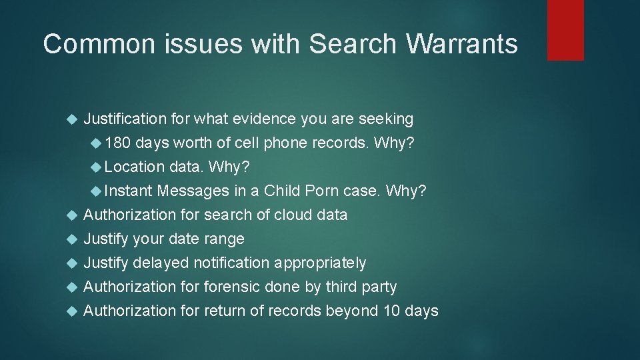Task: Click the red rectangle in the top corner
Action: click(x=565, y=30)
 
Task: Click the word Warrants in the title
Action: click(x=461, y=44)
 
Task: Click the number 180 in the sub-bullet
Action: click(x=118, y=143)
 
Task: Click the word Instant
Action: click(x=128, y=191)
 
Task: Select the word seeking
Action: click(x=386, y=119)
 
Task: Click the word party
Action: click(x=377, y=287)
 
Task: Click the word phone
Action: click(x=285, y=143)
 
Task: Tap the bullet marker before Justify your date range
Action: click(x=73, y=239)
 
